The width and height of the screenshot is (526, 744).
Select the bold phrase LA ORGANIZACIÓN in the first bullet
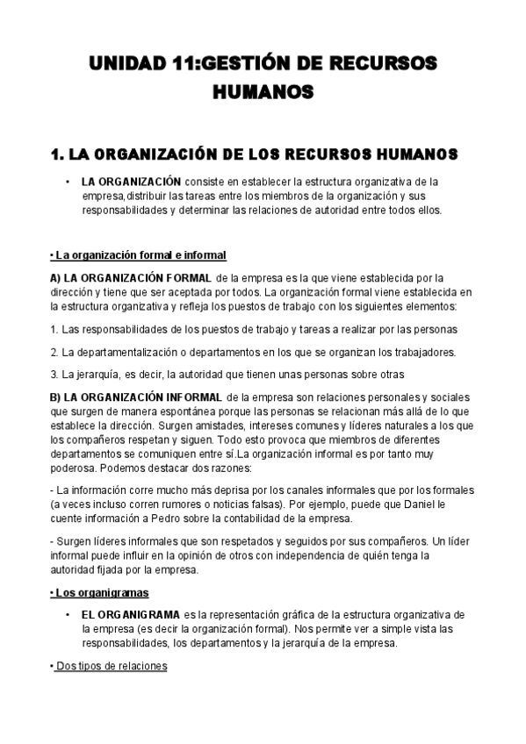click(x=131, y=182)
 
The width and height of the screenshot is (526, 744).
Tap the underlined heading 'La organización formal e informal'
click(x=138, y=255)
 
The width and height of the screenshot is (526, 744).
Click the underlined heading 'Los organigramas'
click(x=102, y=593)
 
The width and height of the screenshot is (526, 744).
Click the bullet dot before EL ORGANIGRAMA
click(x=68, y=614)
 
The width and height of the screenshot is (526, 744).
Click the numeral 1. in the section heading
click(x=60, y=154)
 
